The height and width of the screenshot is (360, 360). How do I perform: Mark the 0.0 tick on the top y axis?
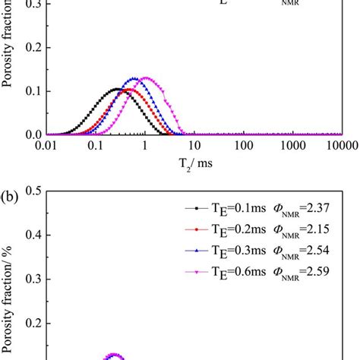tap(33, 135)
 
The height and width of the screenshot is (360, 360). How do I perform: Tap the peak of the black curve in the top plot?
tap(115, 89)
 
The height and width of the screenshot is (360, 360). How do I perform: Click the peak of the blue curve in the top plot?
tap(135, 78)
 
